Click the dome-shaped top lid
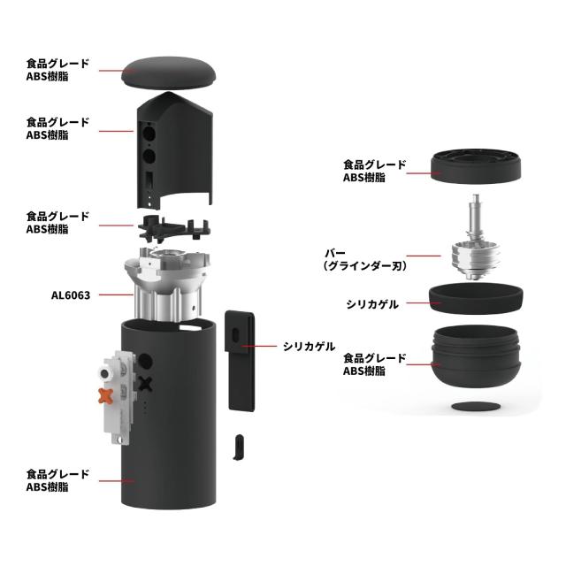tap(170, 73)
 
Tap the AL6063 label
tap(71, 295)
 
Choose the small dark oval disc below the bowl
tap(476, 407)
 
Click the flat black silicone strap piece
tap(241, 358)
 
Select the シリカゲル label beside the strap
tap(309, 346)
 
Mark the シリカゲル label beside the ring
tap(372, 304)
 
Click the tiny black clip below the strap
tap(239, 446)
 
